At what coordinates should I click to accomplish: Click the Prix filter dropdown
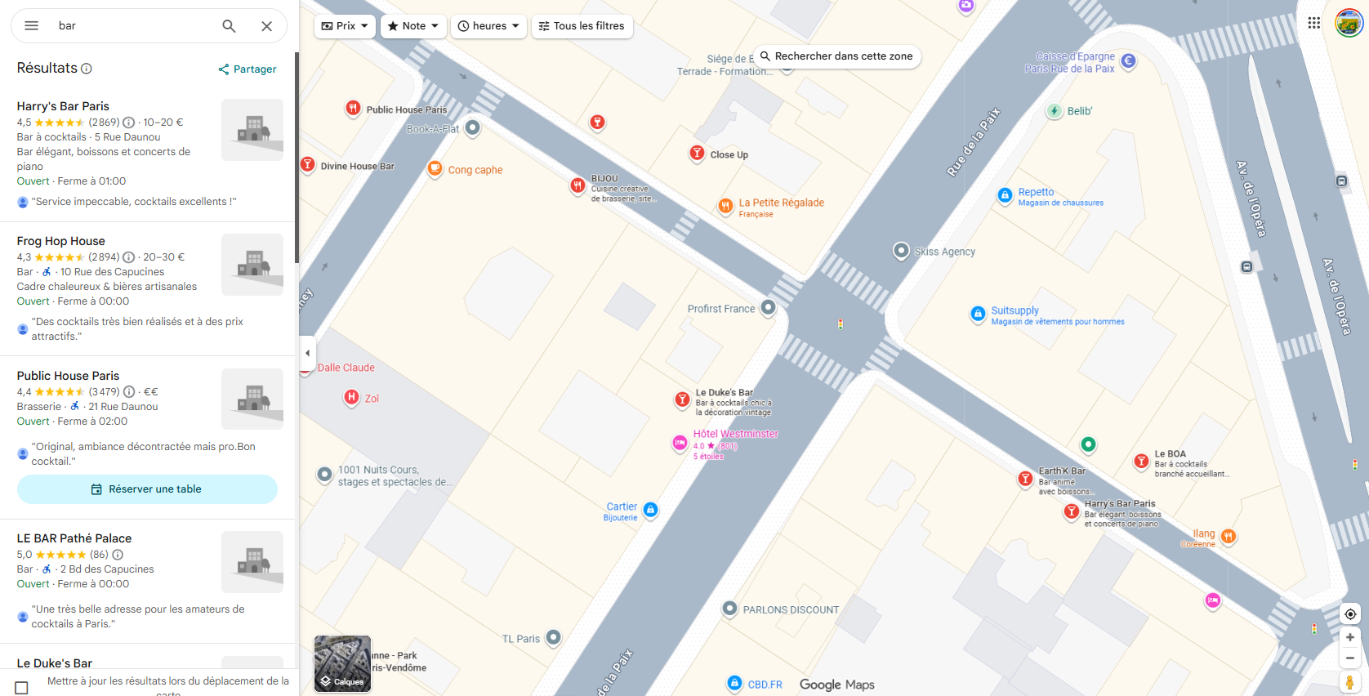tap(345, 26)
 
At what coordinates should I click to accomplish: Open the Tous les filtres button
tap(582, 26)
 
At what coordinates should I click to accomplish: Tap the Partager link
tap(247, 69)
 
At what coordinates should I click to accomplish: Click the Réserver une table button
tap(147, 489)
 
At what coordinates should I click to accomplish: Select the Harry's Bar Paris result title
tap(63, 106)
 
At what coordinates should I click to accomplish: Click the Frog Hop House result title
tap(61, 241)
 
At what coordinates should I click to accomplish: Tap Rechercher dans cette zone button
tap(836, 56)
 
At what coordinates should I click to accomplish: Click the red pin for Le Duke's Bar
tap(682, 399)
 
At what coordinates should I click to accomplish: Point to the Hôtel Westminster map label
tap(735, 434)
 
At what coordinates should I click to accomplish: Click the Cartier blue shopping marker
tap(650, 510)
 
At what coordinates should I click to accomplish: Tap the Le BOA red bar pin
tap(1141, 462)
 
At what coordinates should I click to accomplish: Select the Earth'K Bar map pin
tap(1025, 479)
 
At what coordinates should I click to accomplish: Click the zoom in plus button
tap(1350, 637)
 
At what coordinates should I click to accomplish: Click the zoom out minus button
tap(1350, 658)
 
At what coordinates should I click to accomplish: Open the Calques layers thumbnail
tap(342, 663)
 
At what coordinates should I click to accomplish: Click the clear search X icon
tap(266, 26)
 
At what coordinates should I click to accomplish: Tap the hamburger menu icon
tap(32, 26)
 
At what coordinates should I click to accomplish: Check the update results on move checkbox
tap(22, 688)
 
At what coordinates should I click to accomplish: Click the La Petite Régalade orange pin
tap(725, 206)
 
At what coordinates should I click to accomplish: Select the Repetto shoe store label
tap(1036, 192)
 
